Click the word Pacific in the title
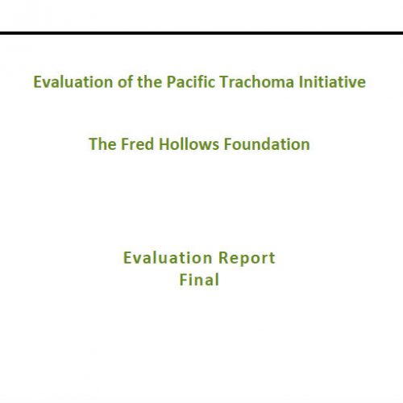[x=190, y=81]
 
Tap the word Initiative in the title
[x=332, y=81]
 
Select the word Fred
[x=137, y=144]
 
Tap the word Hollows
[x=189, y=144]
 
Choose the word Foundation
[x=267, y=144]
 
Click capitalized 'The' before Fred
[x=102, y=144]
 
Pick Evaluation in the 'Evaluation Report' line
[x=168, y=258]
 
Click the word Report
[x=247, y=259]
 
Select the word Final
[x=199, y=280]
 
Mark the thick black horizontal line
[x=201, y=33]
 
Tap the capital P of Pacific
[x=171, y=81]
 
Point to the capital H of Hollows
[x=164, y=144]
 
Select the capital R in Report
[x=223, y=258]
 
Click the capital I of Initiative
[x=300, y=81]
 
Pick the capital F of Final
[x=183, y=280]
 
